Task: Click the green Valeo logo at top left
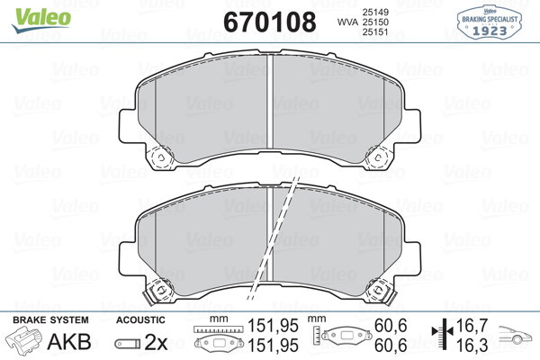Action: pos(41,20)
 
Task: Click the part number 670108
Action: pos(270,22)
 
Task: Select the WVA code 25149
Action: pos(375,12)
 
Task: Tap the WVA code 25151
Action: pos(375,32)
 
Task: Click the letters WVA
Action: pos(347,22)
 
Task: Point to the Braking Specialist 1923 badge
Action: pos(489,22)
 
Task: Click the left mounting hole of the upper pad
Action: pos(161,157)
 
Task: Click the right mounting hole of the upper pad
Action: pos(378,157)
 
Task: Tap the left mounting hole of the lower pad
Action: pos(161,290)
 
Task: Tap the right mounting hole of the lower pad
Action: pos(378,290)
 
